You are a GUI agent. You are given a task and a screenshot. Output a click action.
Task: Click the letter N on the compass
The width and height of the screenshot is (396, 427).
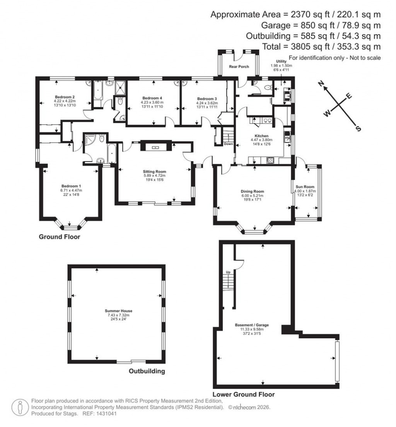pyautogui.click(x=321, y=83)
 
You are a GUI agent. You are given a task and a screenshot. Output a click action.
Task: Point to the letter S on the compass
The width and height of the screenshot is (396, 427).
pyautogui.click(x=358, y=128)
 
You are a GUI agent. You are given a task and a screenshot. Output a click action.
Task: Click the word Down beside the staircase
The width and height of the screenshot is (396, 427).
pyautogui.click(x=228, y=144)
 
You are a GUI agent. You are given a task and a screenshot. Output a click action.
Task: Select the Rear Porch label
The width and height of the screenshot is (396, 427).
pyautogui.click(x=239, y=67)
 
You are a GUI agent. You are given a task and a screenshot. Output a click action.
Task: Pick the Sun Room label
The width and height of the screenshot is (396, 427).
pyautogui.click(x=305, y=187)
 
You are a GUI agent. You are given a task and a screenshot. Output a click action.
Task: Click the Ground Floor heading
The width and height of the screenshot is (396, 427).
pyautogui.click(x=60, y=237)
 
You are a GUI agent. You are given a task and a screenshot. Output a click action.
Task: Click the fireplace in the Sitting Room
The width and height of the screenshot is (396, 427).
pyautogui.click(x=155, y=147)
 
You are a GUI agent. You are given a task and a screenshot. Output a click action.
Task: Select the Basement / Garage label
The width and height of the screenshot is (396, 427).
pyautogui.click(x=252, y=325)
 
